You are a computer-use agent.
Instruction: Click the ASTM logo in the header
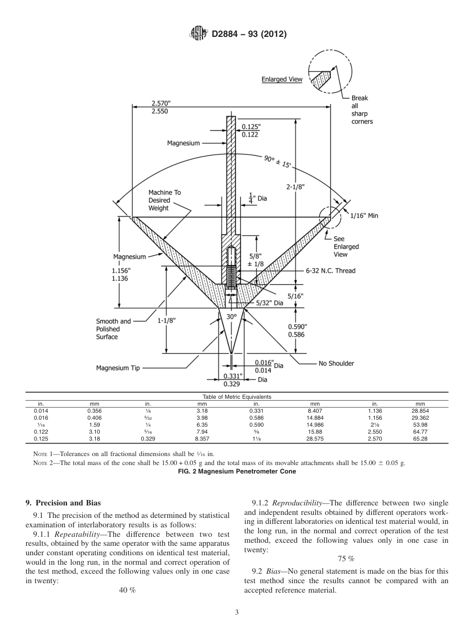pyautogui.click(x=199, y=34)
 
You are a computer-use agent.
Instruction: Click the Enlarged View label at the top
pyautogui.click(x=282, y=79)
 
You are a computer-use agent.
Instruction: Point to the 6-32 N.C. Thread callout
pyautogui.click(x=330, y=271)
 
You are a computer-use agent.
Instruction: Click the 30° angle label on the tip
pyautogui.click(x=231, y=317)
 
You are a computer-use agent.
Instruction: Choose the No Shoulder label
pyautogui.click(x=336, y=363)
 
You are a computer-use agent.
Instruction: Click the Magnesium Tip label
pyautogui.click(x=118, y=368)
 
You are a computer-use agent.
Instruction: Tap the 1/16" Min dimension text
pyautogui.click(x=364, y=216)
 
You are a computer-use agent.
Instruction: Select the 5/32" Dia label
pyautogui.click(x=269, y=303)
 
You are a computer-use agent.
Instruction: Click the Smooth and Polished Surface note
pyautogui.click(x=114, y=329)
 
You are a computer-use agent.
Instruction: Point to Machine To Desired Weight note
pyautogui.click(x=160, y=200)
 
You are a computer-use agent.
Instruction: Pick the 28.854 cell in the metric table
pyautogui.click(x=420, y=410)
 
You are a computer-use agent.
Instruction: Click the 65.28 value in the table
pyautogui.click(x=420, y=439)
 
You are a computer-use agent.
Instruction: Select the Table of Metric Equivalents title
pyautogui.click(x=237, y=397)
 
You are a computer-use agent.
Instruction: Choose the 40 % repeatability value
pyautogui.click(x=127, y=590)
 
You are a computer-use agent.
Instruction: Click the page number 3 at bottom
pyautogui.click(x=237, y=613)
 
